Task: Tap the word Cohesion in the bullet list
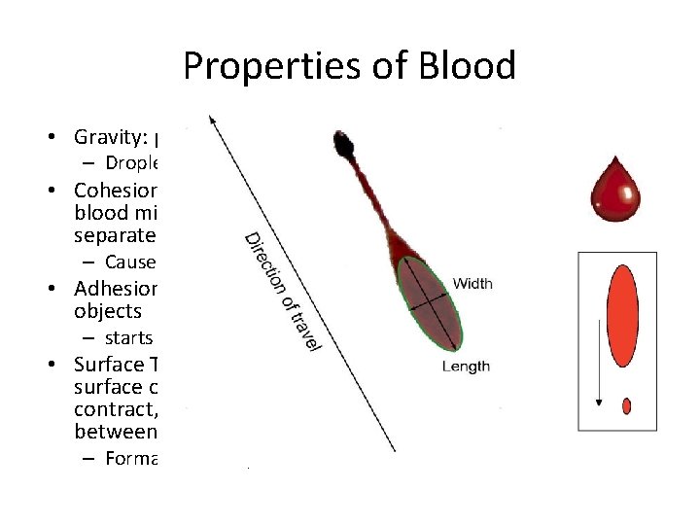tap(116, 191)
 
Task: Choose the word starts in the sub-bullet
tap(129, 338)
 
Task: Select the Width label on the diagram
tap(472, 284)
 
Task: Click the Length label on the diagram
tap(466, 367)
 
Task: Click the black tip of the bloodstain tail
tap(343, 143)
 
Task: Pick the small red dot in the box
tap(626, 405)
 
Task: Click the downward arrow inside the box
tap(599, 350)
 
